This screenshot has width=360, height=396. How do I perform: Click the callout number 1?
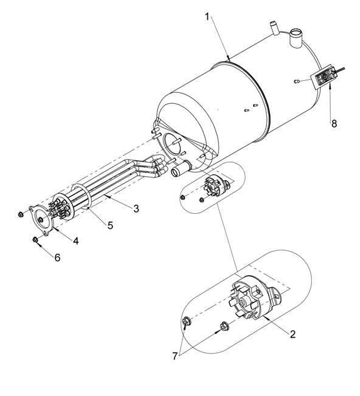pos(207,17)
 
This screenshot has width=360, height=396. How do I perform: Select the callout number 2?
pos(292,334)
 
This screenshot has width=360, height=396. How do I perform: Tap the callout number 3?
pos(136,208)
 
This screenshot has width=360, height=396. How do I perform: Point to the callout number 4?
pos(76,241)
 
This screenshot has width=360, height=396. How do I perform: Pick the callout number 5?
pos(110,225)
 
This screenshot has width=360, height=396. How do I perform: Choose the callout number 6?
pos(58,258)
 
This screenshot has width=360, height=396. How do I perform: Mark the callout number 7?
pos(175,356)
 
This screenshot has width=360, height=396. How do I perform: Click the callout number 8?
pos(334,123)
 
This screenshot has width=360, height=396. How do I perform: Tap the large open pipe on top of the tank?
pos(296,38)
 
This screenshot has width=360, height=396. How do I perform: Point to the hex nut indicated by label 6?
pos(35,239)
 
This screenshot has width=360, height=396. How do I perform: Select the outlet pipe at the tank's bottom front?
pos(181,168)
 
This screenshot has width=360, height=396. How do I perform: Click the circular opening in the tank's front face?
pos(172,143)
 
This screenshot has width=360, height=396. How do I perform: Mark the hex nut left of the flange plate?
pos(21,214)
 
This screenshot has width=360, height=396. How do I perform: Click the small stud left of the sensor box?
pos(297,81)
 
